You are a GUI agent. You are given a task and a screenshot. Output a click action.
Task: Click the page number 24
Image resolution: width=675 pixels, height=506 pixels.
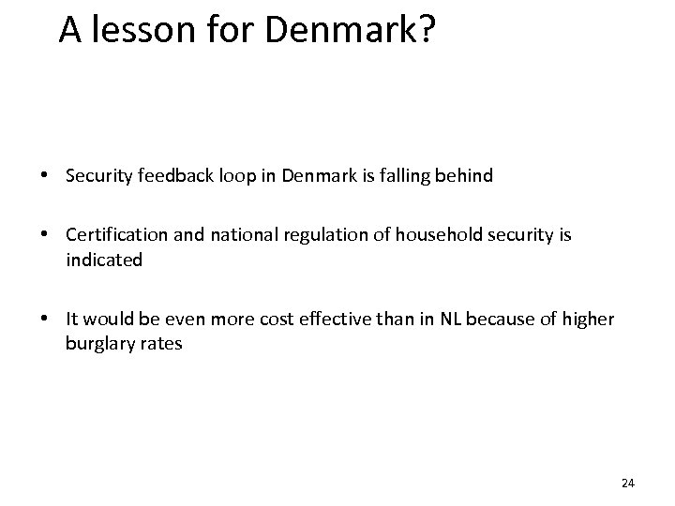click(628, 483)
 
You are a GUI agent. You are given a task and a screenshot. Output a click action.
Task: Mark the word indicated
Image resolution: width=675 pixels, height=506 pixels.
click(104, 260)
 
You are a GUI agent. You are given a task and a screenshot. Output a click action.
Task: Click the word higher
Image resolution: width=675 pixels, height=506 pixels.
click(589, 320)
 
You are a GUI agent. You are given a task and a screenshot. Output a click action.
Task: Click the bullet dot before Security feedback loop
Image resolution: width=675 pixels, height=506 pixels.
click(45, 176)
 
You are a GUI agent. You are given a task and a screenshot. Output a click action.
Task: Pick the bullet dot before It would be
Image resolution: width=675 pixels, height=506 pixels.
click(45, 320)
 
